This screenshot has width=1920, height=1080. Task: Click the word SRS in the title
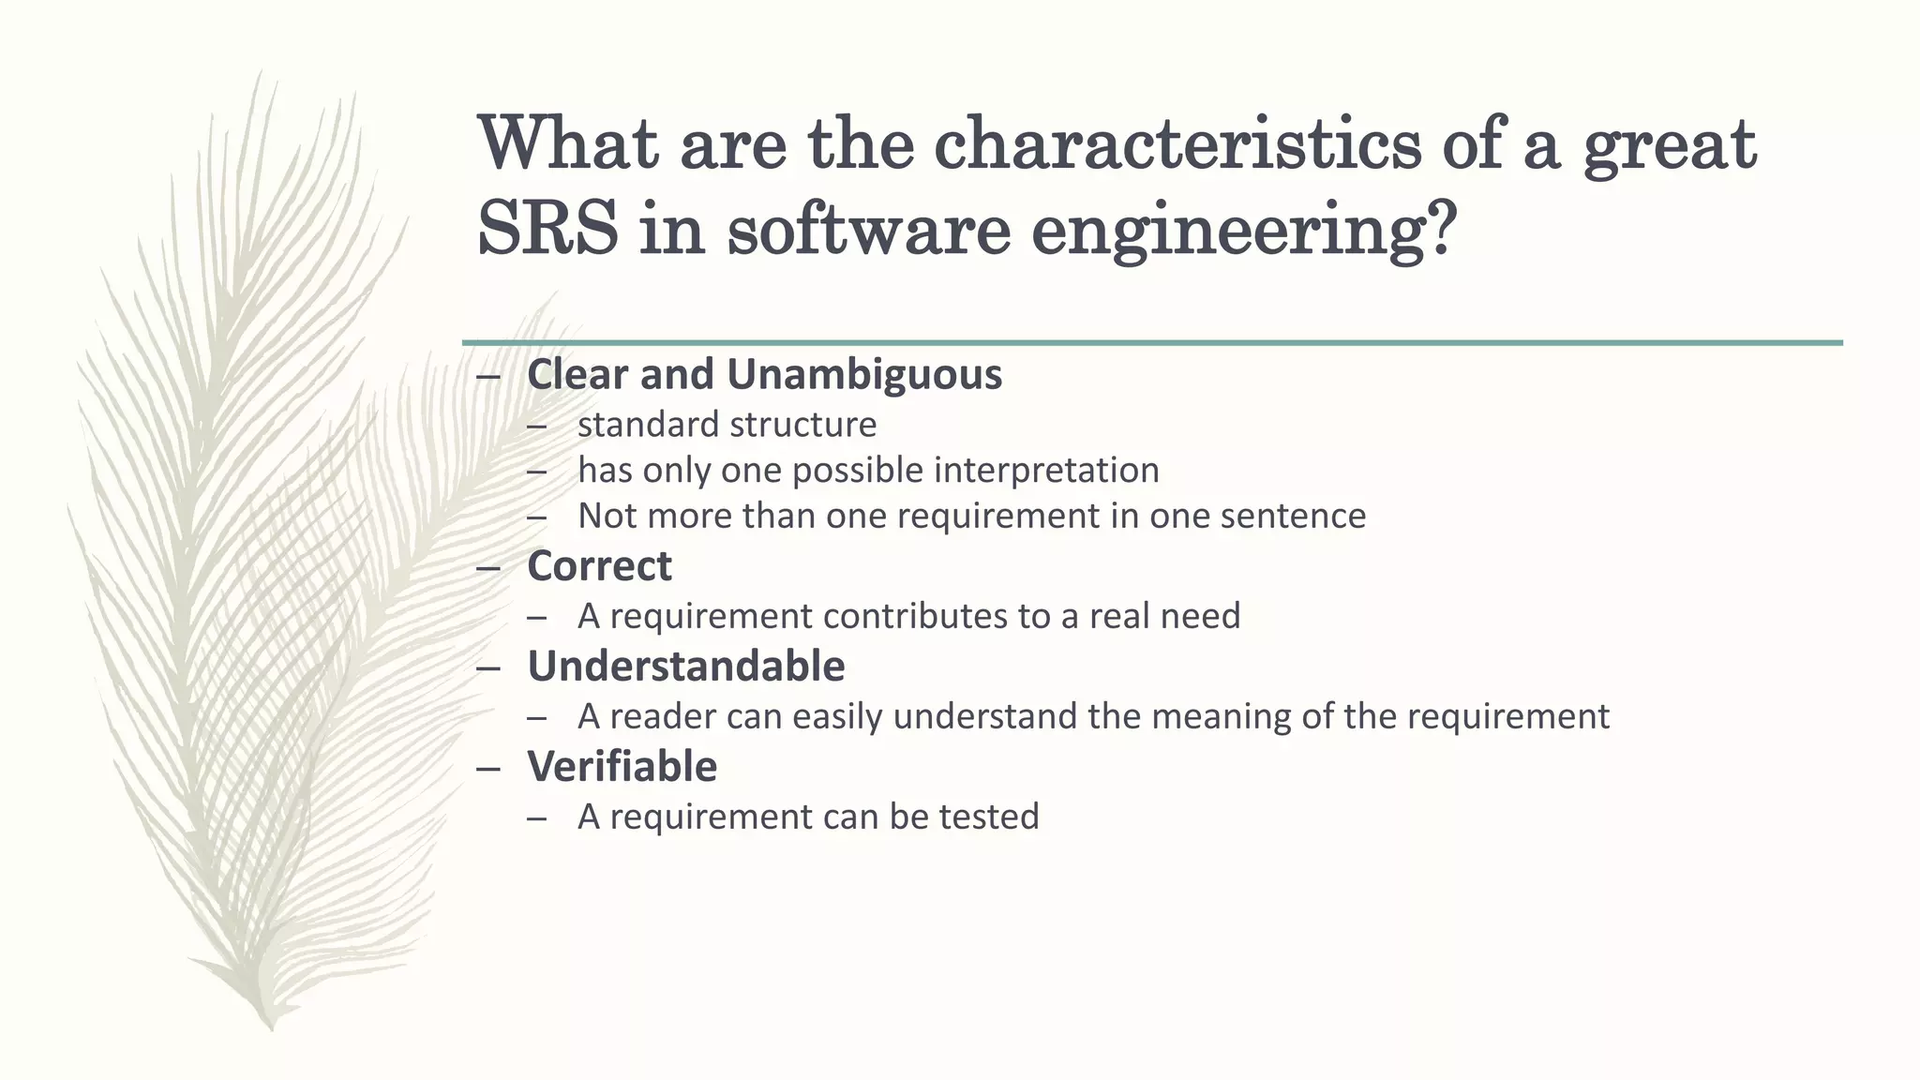click(x=547, y=230)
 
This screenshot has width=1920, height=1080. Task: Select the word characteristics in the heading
click(x=1177, y=145)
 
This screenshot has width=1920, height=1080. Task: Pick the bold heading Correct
click(x=599, y=566)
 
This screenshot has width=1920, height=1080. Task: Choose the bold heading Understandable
click(x=685, y=667)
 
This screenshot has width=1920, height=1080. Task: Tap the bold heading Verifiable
click(x=622, y=767)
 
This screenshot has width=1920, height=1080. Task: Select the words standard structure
click(x=727, y=425)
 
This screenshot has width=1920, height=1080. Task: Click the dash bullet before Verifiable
click(x=488, y=769)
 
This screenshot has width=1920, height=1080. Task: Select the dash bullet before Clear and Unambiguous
click(x=488, y=376)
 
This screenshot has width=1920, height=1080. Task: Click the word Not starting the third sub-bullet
click(x=607, y=516)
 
